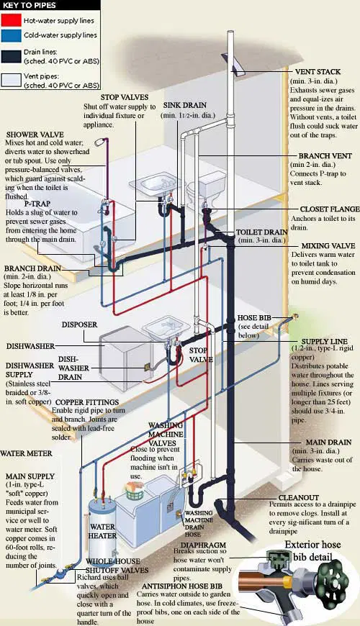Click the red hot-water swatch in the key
(11, 20)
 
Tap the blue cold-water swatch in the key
(11, 35)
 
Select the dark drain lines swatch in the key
(11, 56)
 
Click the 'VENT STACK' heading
(318, 72)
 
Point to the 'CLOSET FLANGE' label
(330, 209)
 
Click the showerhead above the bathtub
(101, 142)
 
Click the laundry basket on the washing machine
(133, 491)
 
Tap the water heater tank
(102, 529)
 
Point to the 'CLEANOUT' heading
(299, 498)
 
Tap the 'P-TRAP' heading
(37, 204)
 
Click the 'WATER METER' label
(27, 453)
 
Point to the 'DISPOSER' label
(79, 325)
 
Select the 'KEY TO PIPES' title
(30, 5)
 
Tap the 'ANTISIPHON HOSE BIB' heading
(182, 586)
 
